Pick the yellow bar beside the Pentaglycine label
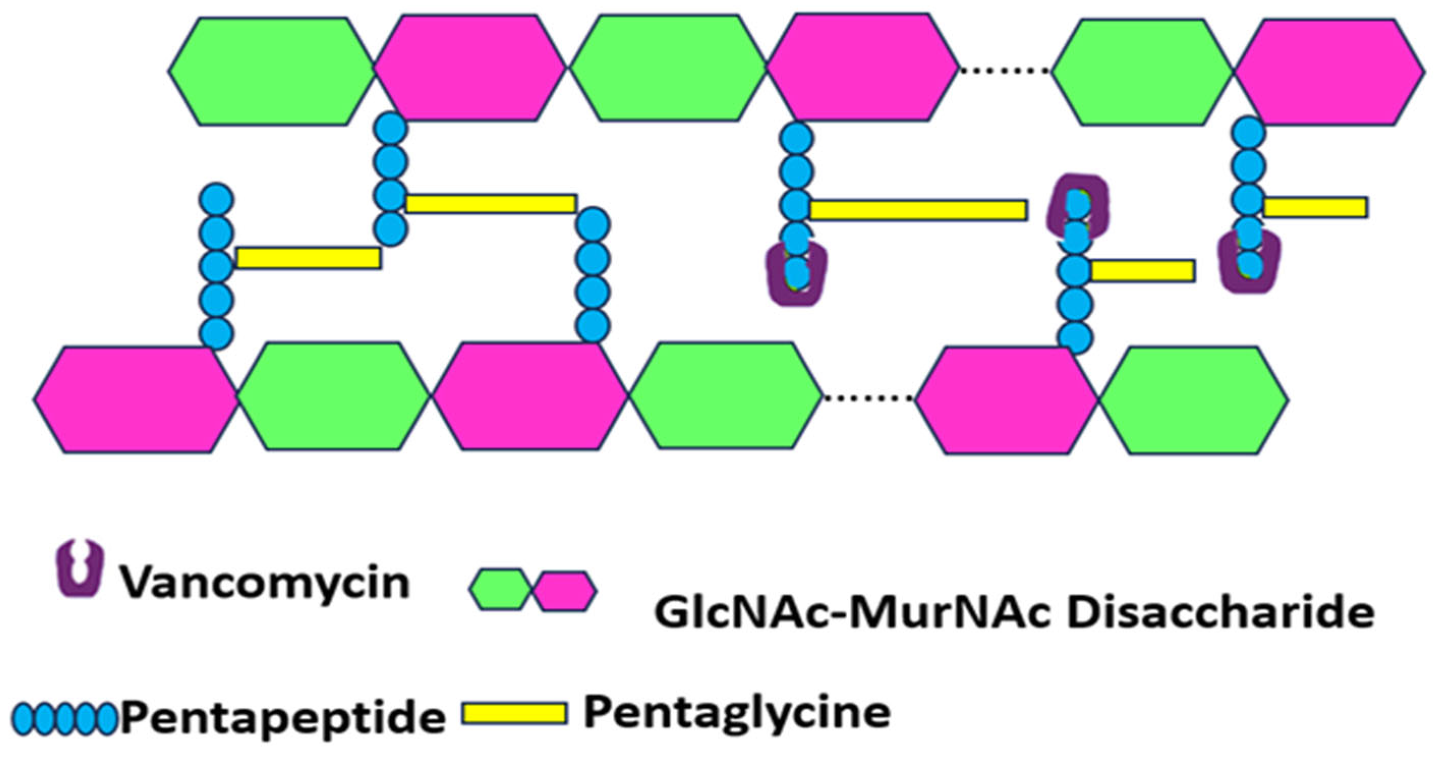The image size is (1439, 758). pyautogui.click(x=514, y=713)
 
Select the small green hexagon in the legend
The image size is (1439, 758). pyautogui.click(x=499, y=589)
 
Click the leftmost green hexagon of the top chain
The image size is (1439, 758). pyautogui.click(x=272, y=71)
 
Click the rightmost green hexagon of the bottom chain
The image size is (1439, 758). pyautogui.click(x=1193, y=400)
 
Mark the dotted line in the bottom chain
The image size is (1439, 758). pyautogui.click(x=868, y=398)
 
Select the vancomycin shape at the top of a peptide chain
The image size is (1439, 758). pyautogui.click(x=1077, y=206)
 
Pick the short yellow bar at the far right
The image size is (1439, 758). pyautogui.click(x=1314, y=207)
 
